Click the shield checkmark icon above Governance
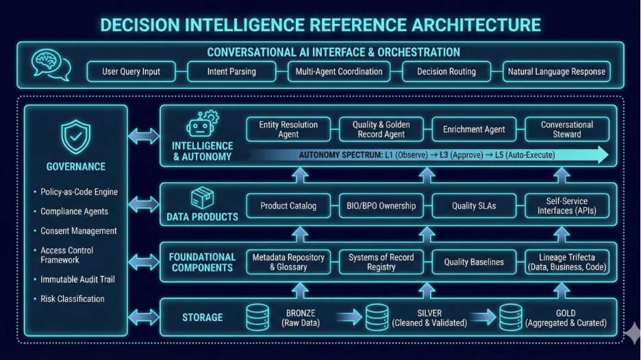coord(75,137)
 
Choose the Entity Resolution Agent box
coord(288,129)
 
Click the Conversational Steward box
coord(567,129)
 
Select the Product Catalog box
coord(288,206)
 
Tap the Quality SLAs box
coord(474,206)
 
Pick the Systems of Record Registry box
coord(381,262)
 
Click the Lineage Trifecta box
coord(567,262)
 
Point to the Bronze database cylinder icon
coord(257,317)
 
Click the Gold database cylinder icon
coord(511,317)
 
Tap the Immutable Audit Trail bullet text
coord(77,279)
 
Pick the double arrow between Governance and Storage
coord(143,316)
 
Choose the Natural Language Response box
coord(556,71)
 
